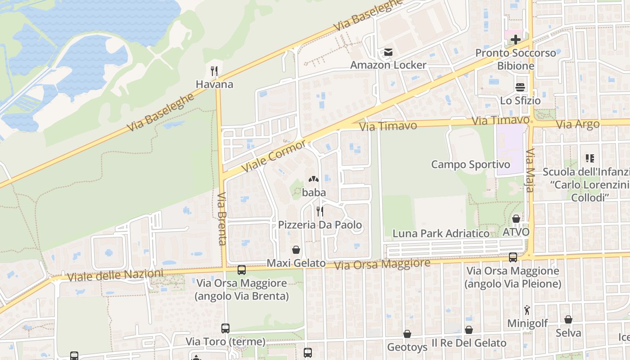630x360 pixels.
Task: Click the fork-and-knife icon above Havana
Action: [214, 71]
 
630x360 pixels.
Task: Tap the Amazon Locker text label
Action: [388, 65]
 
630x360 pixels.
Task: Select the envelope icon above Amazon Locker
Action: [388, 53]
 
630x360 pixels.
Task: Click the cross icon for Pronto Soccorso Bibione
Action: [516, 40]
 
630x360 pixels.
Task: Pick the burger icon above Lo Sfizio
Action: [520, 87]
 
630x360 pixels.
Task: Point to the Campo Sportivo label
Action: [471, 164]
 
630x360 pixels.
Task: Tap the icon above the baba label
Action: [314, 179]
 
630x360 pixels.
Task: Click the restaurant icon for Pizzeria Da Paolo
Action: [320, 211]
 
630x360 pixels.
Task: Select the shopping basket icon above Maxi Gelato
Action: [296, 250]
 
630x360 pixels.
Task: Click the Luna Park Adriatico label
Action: [441, 234]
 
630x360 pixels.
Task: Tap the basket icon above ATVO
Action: [516, 219]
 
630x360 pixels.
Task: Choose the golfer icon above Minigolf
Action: [527, 310]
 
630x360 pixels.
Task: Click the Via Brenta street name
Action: [222, 219]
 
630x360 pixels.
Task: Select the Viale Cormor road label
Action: [274, 156]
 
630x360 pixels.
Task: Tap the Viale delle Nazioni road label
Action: [116, 275]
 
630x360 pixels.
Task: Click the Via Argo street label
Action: [578, 124]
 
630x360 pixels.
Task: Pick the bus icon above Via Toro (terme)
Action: [225, 328]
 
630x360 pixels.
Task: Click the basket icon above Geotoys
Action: [407, 334]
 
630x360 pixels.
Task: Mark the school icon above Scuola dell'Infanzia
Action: [589, 158]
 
